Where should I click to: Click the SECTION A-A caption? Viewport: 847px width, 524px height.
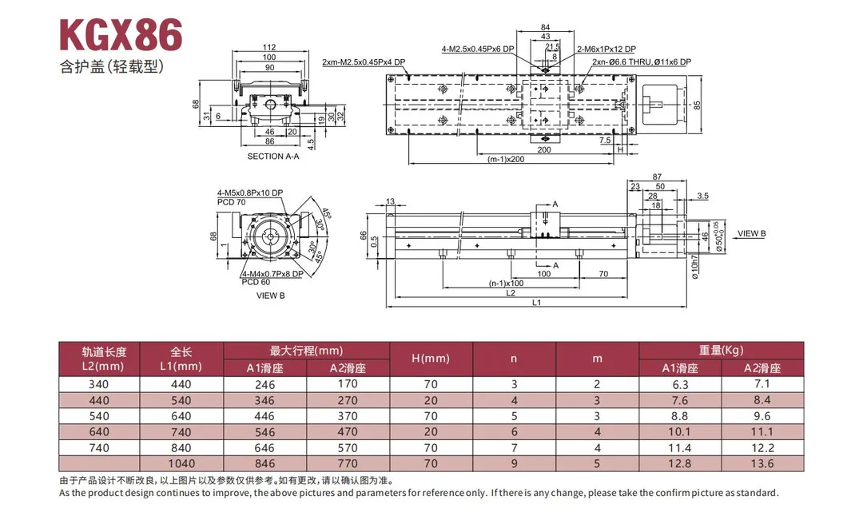coord(273,156)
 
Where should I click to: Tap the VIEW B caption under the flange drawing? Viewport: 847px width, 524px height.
coord(271,296)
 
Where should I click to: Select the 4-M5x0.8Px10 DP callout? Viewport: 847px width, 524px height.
coord(250,193)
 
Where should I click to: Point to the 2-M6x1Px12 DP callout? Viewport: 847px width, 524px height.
coord(606,50)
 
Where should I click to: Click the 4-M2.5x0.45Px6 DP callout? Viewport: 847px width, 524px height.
coord(478,50)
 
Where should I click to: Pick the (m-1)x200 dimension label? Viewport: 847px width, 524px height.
coord(506,160)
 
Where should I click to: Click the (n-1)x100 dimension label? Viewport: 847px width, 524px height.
coord(506,283)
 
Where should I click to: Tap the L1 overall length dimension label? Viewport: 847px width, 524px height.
coord(536,303)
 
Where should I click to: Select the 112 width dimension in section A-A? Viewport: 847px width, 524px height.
coord(269,48)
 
